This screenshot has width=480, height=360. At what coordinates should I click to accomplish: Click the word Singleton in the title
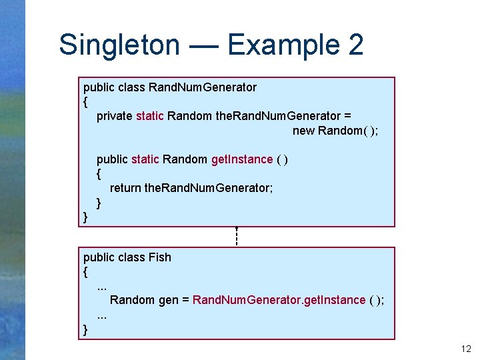(119, 45)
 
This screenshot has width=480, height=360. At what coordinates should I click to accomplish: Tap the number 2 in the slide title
(355, 45)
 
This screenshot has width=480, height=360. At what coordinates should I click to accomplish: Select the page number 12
(465, 349)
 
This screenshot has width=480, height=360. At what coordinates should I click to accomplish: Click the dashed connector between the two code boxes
(237, 237)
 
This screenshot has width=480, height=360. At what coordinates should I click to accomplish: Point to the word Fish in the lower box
(160, 257)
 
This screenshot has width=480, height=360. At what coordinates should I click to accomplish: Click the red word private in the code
(114, 116)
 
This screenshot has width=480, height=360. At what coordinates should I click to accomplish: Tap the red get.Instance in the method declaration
(241, 159)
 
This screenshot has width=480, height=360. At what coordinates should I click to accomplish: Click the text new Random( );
(335, 131)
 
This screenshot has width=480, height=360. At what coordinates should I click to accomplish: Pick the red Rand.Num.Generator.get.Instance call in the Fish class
(279, 300)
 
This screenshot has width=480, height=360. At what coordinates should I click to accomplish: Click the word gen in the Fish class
(168, 301)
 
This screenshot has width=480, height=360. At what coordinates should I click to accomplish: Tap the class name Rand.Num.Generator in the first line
(203, 87)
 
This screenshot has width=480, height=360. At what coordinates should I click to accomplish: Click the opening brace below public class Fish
(85, 272)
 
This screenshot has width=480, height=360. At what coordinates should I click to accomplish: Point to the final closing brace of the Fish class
(85, 329)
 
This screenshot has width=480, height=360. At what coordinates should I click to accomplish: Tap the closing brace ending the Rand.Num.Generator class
(85, 217)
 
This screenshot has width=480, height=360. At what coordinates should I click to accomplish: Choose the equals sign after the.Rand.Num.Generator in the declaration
(347, 116)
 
